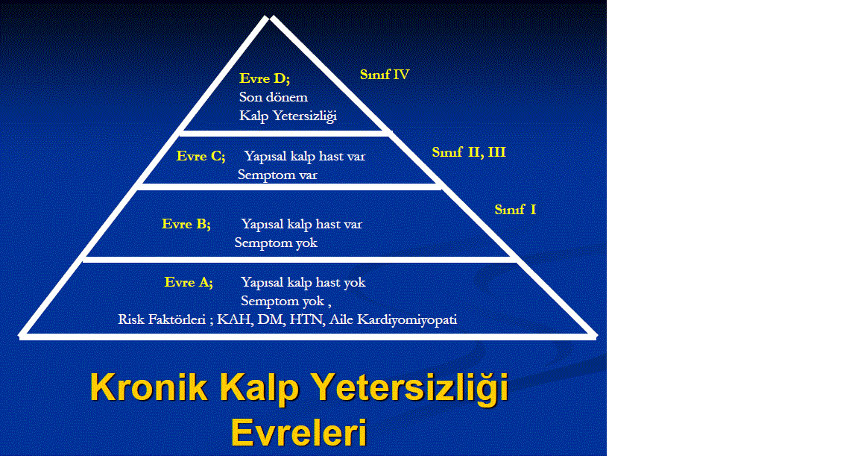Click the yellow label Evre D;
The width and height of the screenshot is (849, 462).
265,78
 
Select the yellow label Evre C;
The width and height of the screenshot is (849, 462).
201,156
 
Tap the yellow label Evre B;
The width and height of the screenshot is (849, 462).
186,224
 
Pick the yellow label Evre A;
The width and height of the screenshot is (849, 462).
189,282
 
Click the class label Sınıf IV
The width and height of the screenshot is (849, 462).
385,75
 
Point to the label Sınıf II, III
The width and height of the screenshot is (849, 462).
469,152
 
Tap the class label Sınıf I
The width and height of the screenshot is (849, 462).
516,210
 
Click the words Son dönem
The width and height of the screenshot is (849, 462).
274,97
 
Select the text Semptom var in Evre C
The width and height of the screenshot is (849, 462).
277,175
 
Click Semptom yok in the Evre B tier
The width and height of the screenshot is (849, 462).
276,243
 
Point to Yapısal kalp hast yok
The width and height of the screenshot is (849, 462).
303,283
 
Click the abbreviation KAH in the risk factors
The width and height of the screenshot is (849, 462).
234,319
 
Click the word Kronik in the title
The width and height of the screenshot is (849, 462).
148,387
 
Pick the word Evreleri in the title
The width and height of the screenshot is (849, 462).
299,433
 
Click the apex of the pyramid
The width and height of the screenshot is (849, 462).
269,16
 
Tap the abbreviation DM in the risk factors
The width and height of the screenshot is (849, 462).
270,319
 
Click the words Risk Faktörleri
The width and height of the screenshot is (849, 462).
162,319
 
